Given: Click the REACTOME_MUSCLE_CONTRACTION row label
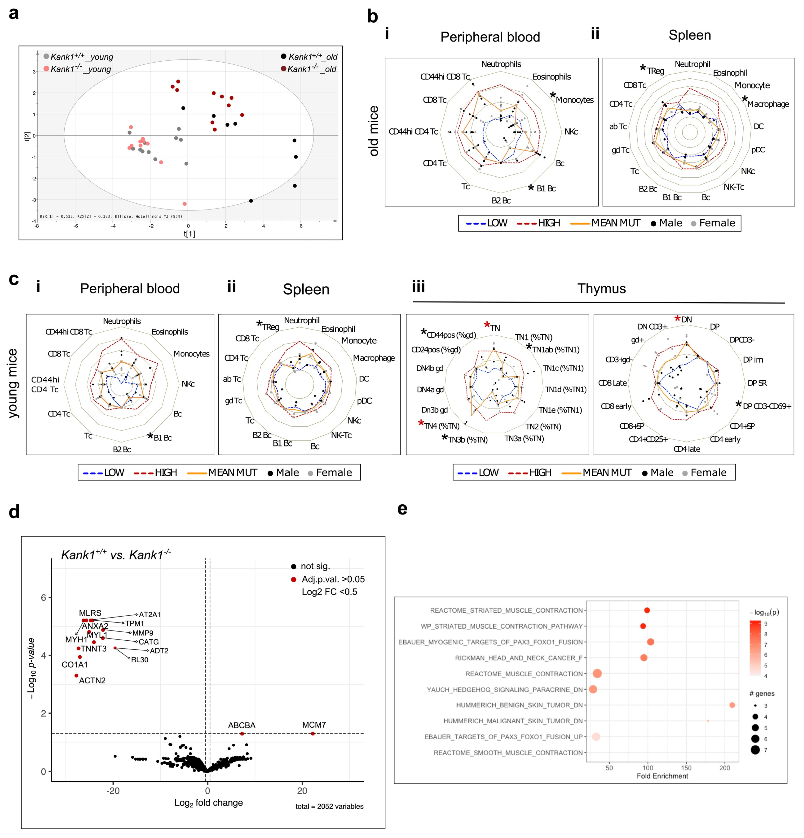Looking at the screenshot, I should [x=524, y=674].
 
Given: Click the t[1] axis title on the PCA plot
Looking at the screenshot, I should [x=189, y=233].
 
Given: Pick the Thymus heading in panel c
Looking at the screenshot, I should [x=601, y=289].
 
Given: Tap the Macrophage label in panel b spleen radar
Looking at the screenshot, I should [x=768, y=104].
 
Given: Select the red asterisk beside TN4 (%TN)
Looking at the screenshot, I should [x=421, y=423].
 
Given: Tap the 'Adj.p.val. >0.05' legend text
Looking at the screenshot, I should [x=333, y=579].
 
